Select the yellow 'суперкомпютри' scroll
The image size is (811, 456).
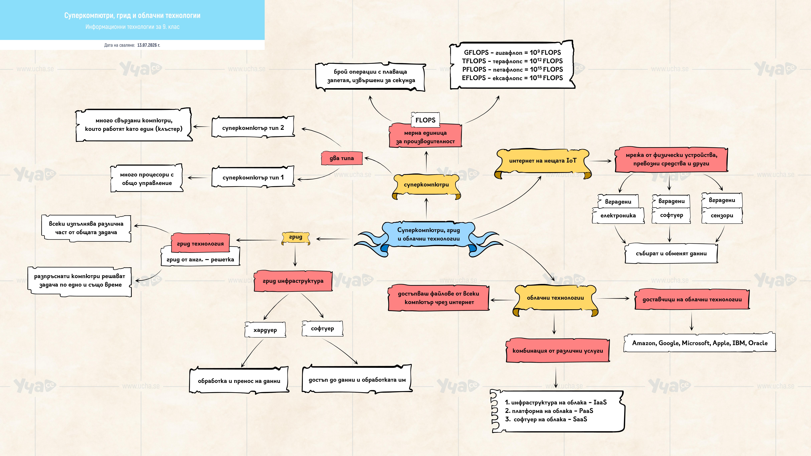[426, 186]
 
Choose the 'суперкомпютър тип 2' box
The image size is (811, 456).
[253, 127]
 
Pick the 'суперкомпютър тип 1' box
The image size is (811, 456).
[253, 177]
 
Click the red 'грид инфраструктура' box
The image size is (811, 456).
[293, 281]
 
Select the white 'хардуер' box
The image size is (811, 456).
[265, 330]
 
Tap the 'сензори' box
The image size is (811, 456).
[722, 216]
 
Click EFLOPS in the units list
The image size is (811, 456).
[474, 78]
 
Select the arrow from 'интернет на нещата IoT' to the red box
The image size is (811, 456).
[600, 161]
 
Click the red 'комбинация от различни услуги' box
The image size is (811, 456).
[558, 351]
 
